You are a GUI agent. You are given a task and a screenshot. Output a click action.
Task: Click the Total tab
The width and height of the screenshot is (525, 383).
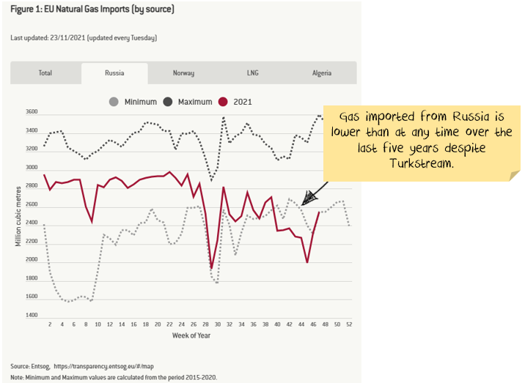(x=45, y=73)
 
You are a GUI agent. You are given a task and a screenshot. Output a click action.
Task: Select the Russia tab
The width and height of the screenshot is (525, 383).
(x=114, y=73)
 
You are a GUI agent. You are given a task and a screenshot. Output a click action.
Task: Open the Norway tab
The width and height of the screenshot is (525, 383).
(x=183, y=73)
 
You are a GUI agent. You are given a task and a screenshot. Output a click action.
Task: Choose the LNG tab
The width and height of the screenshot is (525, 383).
(x=253, y=73)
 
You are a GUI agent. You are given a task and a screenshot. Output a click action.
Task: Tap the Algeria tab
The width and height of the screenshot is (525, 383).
(x=322, y=73)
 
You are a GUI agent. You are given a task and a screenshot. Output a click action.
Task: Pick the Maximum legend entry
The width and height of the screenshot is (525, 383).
(x=188, y=102)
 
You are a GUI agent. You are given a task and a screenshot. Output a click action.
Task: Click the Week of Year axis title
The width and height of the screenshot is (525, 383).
(x=193, y=335)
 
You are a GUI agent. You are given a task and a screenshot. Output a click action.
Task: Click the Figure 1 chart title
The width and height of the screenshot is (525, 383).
(x=92, y=10)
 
